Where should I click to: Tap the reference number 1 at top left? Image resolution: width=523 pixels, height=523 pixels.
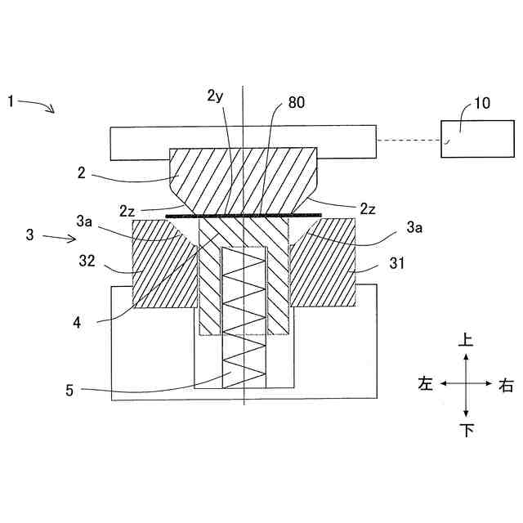[10, 101]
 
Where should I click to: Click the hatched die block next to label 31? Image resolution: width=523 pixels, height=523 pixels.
[323, 266]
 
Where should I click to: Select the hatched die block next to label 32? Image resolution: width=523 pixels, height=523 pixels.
[163, 266]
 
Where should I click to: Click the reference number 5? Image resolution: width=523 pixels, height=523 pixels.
[69, 391]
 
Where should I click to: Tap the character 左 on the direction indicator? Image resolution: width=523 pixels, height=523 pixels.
[425, 383]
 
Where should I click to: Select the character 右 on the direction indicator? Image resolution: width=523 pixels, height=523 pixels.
[507, 383]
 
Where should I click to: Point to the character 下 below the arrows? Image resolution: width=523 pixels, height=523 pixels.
[466, 430]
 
